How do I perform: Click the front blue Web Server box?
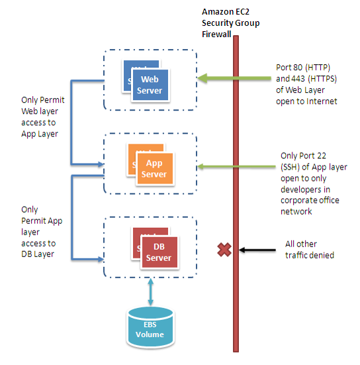click(x=150, y=85)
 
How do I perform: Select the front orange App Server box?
click(x=155, y=169)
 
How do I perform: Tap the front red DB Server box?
click(x=159, y=252)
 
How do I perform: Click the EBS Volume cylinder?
click(x=150, y=327)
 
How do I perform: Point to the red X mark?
click(x=224, y=250)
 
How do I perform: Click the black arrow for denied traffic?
click(x=257, y=250)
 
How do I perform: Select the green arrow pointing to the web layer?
click(x=234, y=78)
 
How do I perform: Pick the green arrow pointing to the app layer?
click(x=236, y=166)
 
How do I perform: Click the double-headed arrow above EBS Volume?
click(x=150, y=292)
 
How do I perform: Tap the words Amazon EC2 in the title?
click(x=226, y=12)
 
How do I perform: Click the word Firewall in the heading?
click(x=216, y=34)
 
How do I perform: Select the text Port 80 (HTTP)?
click(x=303, y=68)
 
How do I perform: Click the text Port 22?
click(x=303, y=156)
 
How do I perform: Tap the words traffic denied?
click(x=310, y=255)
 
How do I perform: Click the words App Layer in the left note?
click(x=40, y=134)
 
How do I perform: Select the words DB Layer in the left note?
click(x=38, y=254)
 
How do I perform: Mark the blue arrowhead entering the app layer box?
click(x=101, y=164)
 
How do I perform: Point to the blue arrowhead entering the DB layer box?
click(x=101, y=259)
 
